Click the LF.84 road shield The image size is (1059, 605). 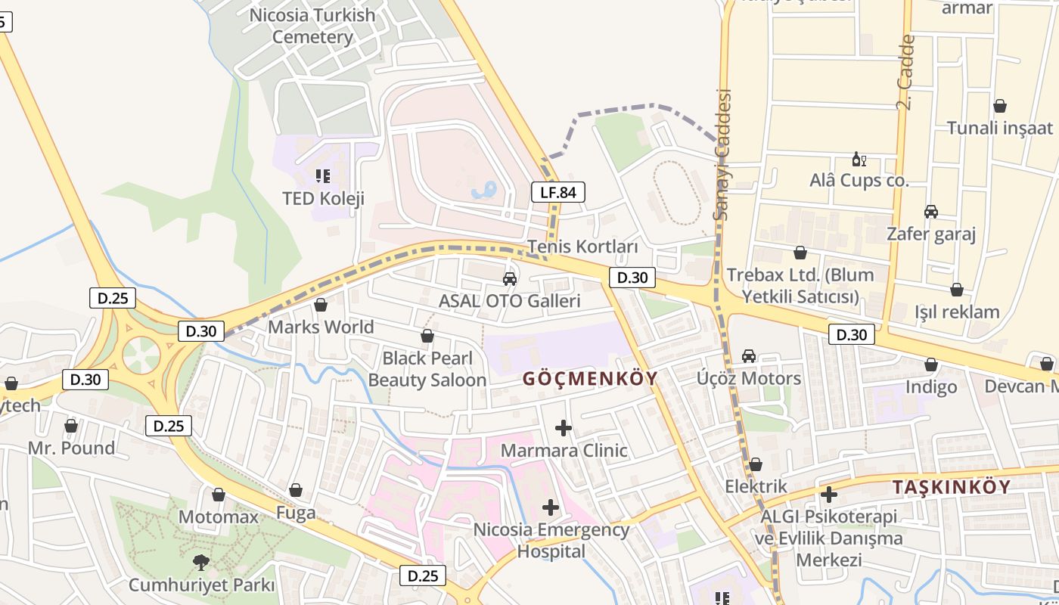pyautogui.click(x=558, y=192)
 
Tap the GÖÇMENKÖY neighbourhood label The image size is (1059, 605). pyautogui.click(x=590, y=379)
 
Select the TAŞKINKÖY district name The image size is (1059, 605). pyautogui.click(x=951, y=487)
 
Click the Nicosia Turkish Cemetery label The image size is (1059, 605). pyautogui.click(x=312, y=26)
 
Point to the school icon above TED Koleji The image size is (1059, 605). pyautogui.click(x=323, y=176)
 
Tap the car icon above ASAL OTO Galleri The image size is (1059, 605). pyautogui.click(x=510, y=279)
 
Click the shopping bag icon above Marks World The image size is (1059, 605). pyautogui.click(x=321, y=305)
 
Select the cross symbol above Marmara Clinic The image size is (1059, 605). pyautogui.click(x=563, y=428)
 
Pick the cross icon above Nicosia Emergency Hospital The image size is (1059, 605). pyautogui.click(x=551, y=507)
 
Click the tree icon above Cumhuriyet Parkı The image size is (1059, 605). pyautogui.click(x=201, y=562)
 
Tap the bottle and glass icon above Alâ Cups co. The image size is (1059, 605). pyautogui.click(x=859, y=159)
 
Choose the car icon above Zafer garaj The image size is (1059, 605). pyautogui.click(x=930, y=212)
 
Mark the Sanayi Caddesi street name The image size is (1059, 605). pyautogui.click(x=724, y=155)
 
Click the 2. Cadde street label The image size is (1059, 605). pyautogui.click(x=906, y=73)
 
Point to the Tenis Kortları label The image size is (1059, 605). pyautogui.click(x=582, y=247)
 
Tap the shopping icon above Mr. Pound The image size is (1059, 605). pyautogui.click(x=71, y=426)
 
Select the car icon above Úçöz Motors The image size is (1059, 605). pyautogui.click(x=749, y=355)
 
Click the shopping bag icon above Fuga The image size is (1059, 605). pyautogui.click(x=296, y=490)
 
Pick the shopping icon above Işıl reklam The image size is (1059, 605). pyautogui.click(x=957, y=290)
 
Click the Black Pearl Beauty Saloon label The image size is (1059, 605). pyautogui.click(x=427, y=369)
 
